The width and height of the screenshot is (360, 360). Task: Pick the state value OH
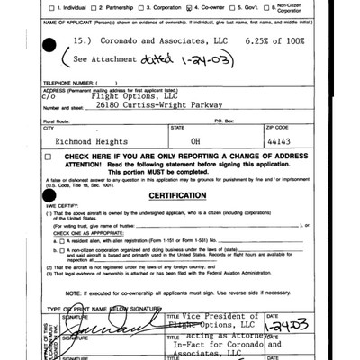[x=202, y=140]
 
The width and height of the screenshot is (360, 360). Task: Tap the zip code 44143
[x=278, y=140]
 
